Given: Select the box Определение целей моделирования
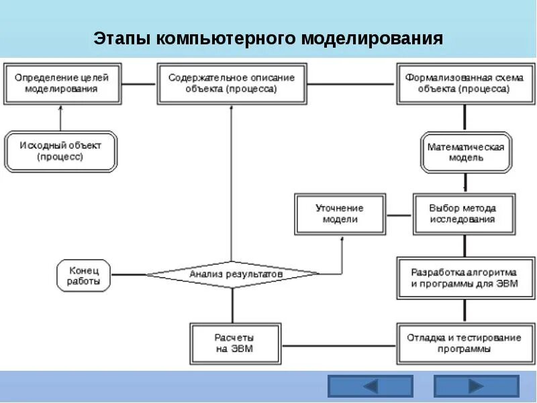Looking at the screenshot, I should (x=61, y=83).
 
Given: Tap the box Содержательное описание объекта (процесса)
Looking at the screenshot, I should (x=232, y=83).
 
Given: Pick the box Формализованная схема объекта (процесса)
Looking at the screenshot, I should (x=466, y=83).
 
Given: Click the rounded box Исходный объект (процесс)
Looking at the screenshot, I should (x=61, y=151).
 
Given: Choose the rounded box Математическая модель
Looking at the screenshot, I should (x=465, y=152).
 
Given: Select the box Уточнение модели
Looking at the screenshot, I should (x=340, y=214).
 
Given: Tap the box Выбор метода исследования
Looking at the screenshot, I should (x=462, y=214).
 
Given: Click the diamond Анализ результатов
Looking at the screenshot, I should (x=232, y=274).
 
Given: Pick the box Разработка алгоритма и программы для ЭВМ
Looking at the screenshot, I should (x=464, y=278).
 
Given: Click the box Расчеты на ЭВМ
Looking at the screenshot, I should (x=232, y=343).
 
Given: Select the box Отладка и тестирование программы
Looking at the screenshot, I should (x=464, y=343).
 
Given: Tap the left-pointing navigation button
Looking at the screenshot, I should (x=370, y=386).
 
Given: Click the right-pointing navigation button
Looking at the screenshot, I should (x=476, y=386).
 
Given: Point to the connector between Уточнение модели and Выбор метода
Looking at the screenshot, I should (x=399, y=215).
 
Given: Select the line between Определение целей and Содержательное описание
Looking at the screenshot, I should (x=138, y=84).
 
